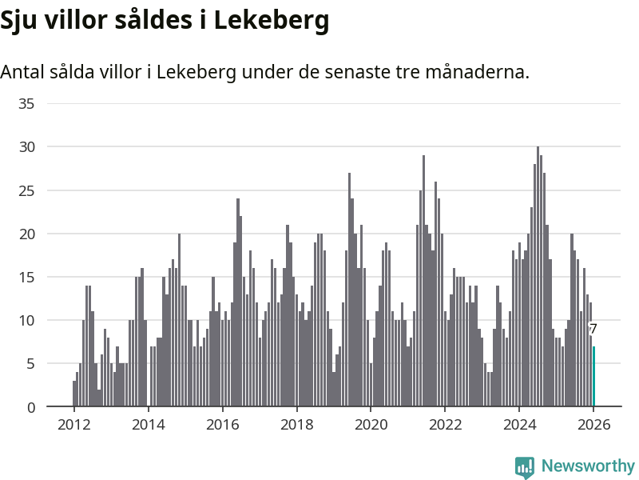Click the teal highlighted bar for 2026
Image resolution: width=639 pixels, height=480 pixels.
point(593,377)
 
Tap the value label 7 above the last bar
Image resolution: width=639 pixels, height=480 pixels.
point(593,329)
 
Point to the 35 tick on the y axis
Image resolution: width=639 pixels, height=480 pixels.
point(26,104)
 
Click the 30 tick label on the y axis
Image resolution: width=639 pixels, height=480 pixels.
point(26,147)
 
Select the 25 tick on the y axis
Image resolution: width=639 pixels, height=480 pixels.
point(26,190)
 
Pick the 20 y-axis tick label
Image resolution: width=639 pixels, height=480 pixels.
point(26,234)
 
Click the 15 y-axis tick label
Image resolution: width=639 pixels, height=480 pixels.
point(26,278)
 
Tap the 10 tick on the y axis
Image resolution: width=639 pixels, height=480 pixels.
point(26,321)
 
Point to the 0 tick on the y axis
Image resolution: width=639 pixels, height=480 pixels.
point(30,407)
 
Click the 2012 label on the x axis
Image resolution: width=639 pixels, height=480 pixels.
point(73,425)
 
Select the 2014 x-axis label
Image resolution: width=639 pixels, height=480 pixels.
point(148,425)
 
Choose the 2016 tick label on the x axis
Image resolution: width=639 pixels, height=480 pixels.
point(222,425)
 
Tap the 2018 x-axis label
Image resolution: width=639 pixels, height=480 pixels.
point(296,425)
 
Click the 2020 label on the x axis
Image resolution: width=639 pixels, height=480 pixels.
point(371,425)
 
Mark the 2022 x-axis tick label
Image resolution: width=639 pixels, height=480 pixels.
point(445,425)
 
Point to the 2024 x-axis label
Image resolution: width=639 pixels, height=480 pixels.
point(519,425)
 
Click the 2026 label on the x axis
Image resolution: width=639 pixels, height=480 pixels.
point(593,425)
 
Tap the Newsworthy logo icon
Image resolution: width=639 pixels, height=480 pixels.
point(525,466)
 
